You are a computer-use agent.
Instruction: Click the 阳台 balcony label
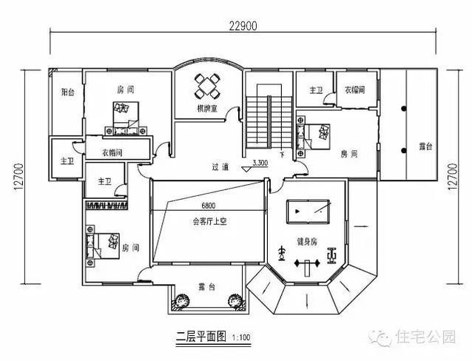[67, 92]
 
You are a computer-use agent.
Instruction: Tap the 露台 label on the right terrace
[425, 146]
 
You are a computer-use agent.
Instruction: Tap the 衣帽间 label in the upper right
[357, 91]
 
